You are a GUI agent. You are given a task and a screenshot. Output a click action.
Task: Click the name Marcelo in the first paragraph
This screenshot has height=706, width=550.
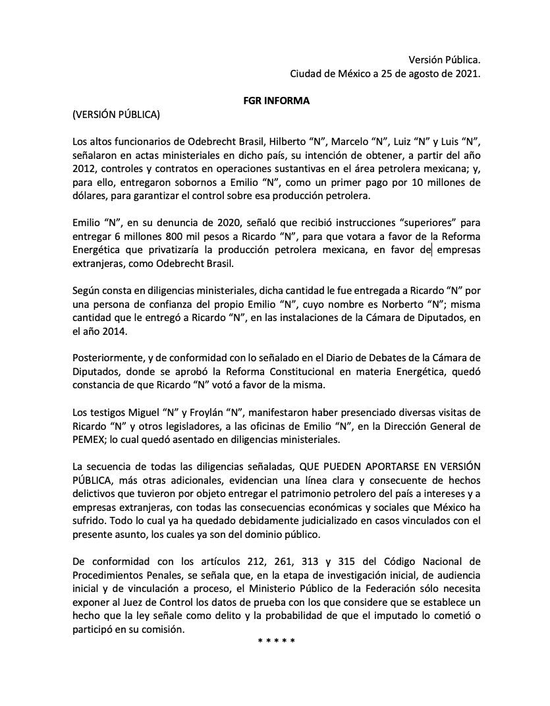(350, 142)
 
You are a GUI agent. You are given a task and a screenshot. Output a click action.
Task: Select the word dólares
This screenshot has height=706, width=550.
(91, 197)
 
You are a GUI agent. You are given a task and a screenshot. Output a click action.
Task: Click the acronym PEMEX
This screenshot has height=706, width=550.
(91, 441)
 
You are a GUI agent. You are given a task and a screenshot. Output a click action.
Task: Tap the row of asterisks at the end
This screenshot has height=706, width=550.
(276, 641)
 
